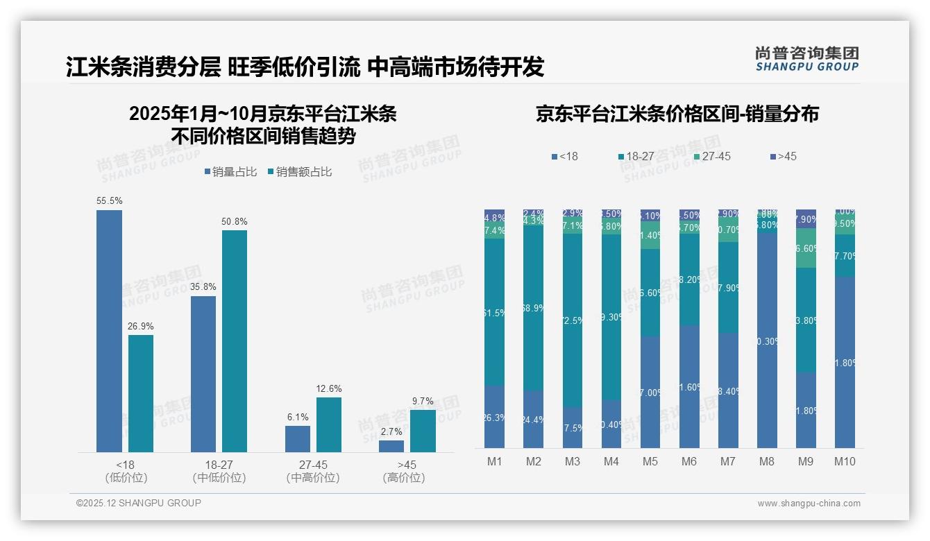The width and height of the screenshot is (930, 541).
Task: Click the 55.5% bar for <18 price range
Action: point(109,331)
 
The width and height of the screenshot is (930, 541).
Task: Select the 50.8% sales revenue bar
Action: point(235,341)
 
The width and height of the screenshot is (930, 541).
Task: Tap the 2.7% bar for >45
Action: point(391,446)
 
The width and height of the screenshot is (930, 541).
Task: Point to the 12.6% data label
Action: point(329,388)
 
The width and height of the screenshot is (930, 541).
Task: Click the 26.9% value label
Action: point(141,326)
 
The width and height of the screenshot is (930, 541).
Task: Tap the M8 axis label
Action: point(767,462)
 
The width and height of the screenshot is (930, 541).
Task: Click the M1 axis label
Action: point(494,462)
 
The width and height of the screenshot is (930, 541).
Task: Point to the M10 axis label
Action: point(845,462)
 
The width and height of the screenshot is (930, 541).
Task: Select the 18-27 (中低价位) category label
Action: point(219,471)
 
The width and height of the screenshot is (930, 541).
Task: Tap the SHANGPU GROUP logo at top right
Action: point(807,59)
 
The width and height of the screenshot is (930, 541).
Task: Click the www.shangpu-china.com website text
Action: point(809,504)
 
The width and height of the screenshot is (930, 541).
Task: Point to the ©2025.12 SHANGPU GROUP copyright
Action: point(139,503)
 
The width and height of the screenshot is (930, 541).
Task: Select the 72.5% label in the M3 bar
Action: point(573,321)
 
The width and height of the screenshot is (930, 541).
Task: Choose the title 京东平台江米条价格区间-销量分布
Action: point(677,114)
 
